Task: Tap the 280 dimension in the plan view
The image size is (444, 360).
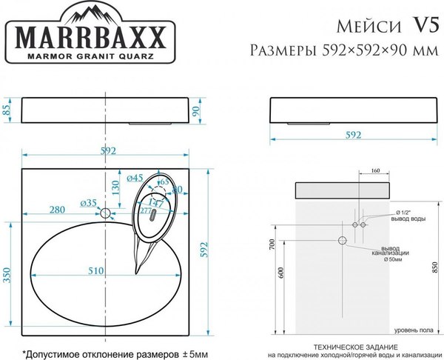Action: (x=64, y=210)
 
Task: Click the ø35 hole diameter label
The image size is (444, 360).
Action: (x=88, y=202)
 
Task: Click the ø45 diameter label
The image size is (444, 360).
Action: (x=135, y=178)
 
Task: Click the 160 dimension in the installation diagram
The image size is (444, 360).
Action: (x=374, y=172)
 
